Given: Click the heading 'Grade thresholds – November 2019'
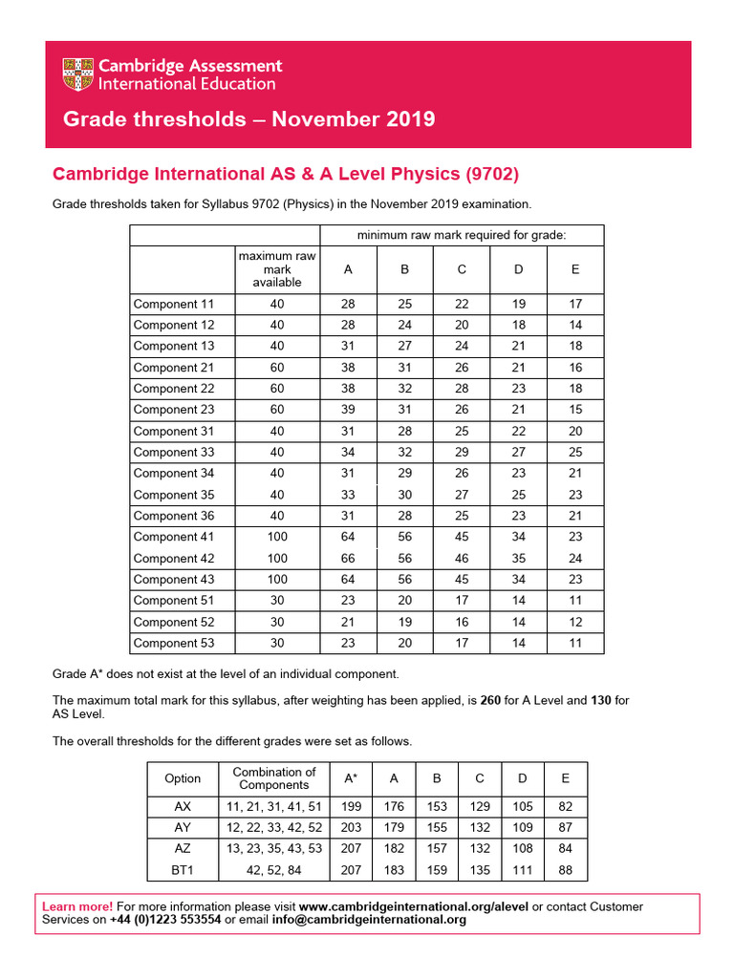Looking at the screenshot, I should (248, 119).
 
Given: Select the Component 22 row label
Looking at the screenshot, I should (174, 389).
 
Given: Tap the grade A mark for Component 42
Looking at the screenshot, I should (348, 558).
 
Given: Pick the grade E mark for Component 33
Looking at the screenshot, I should (575, 452).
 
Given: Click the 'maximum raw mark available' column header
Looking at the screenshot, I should (277, 269).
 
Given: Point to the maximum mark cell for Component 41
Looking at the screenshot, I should (277, 537).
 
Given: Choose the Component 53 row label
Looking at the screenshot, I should (174, 643).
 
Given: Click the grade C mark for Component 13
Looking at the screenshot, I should (462, 347).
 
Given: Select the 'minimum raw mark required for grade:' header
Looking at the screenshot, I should (462, 235).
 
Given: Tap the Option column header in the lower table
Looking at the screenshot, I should (183, 778).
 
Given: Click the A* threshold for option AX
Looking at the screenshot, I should (351, 807).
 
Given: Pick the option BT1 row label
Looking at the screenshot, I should (183, 870).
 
